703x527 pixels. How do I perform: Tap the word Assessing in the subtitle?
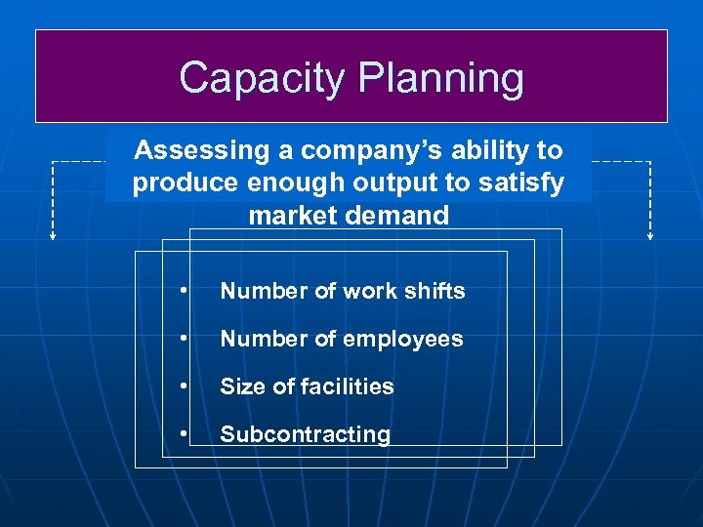point(187,150)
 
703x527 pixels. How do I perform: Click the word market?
point(290,216)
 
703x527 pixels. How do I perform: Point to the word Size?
point(239,386)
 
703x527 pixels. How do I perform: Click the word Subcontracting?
point(305,434)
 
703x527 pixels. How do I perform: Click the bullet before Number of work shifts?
point(183,291)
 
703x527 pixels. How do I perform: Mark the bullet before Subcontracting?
point(183,434)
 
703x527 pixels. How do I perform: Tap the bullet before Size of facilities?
point(183,386)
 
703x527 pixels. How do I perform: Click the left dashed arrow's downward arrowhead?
point(53,235)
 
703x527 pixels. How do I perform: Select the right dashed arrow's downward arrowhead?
point(650,235)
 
